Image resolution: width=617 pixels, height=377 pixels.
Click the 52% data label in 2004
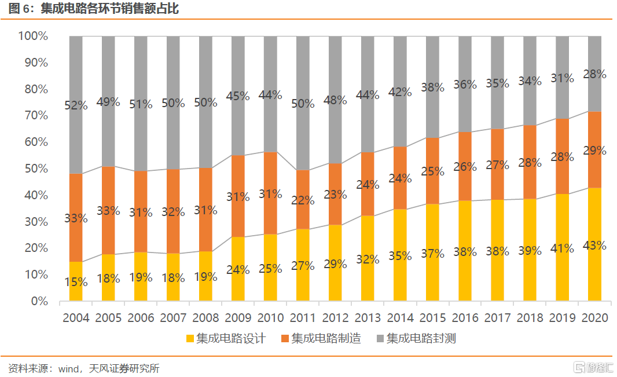(x=76, y=106)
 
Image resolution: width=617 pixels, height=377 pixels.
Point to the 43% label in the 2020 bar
(x=594, y=246)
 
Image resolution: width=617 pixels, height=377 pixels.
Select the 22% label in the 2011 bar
(x=303, y=201)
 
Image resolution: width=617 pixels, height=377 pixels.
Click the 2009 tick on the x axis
(x=238, y=318)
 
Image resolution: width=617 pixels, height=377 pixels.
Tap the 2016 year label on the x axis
(x=465, y=318)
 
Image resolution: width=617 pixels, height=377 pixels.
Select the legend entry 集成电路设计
(x=225, y=338)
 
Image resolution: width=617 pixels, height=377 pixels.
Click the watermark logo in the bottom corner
(x=590, y=367)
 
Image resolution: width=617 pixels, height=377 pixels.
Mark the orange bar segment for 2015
(x=432, y=171)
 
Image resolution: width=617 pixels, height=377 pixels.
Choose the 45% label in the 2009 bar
(x=238, y=96)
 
